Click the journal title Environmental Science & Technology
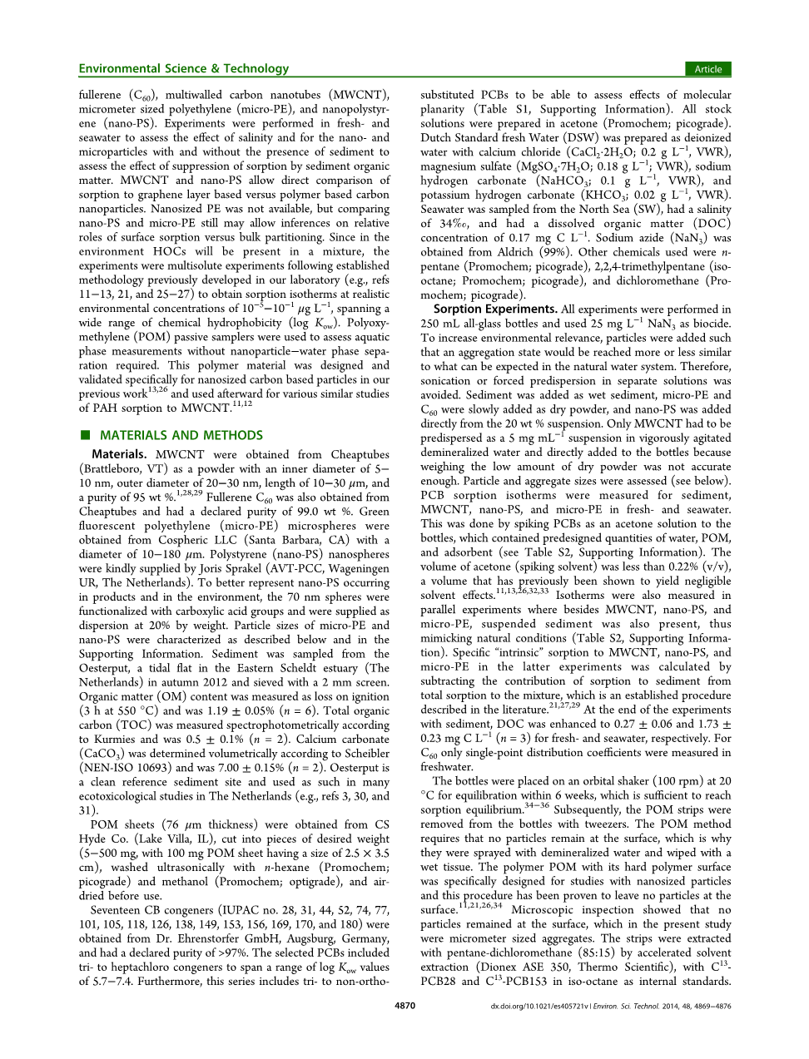click(183, 69)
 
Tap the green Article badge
click(707, 69)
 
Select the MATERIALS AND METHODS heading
click(181, 435)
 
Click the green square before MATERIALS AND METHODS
click(84, 435)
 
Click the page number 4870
click(404, 1006)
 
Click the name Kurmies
click(115, 740)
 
